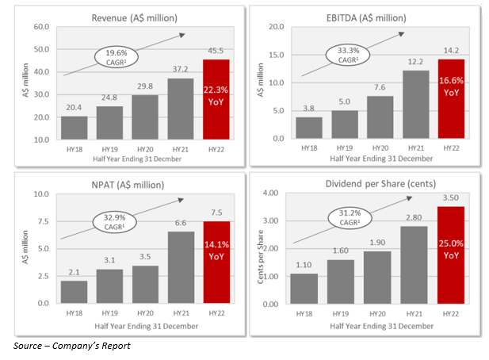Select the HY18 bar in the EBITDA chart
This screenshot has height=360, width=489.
[308, 128]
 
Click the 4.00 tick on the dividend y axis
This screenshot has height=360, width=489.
[271, 193]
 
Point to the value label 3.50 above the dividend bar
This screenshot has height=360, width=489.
[451, 198]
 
